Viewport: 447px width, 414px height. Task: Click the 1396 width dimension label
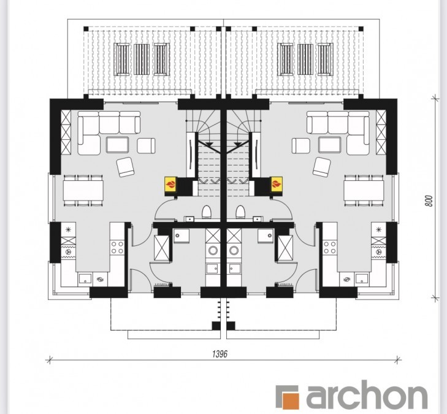point(220,354)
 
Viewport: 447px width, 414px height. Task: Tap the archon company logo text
point(366,396)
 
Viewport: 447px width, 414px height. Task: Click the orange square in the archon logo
point(290,401)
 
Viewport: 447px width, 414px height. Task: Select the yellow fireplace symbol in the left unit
point(170,184)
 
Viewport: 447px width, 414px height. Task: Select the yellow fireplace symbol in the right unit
point(277,184)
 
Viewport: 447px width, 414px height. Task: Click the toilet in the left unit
point(207,212)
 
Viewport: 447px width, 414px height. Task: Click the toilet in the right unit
point(240,212)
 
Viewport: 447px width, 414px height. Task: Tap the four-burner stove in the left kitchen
point(118,248)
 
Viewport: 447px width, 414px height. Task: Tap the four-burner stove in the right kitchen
point(330,248)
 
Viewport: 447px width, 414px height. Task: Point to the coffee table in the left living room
point(117,145)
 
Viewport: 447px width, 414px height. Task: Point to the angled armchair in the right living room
point(321,167)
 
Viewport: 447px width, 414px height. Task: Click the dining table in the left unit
point(83,190)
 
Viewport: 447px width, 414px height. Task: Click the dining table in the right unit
point(364,190)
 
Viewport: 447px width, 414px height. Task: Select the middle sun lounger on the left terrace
point(142,59)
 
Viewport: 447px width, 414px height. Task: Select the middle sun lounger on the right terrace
point(305,59)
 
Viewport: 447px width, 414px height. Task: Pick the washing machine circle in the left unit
point(213,251)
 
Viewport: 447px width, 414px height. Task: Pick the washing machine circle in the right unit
point(234,251)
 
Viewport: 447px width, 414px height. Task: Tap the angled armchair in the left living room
point(125,167)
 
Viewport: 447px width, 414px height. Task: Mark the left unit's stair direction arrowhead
point(210,144)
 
